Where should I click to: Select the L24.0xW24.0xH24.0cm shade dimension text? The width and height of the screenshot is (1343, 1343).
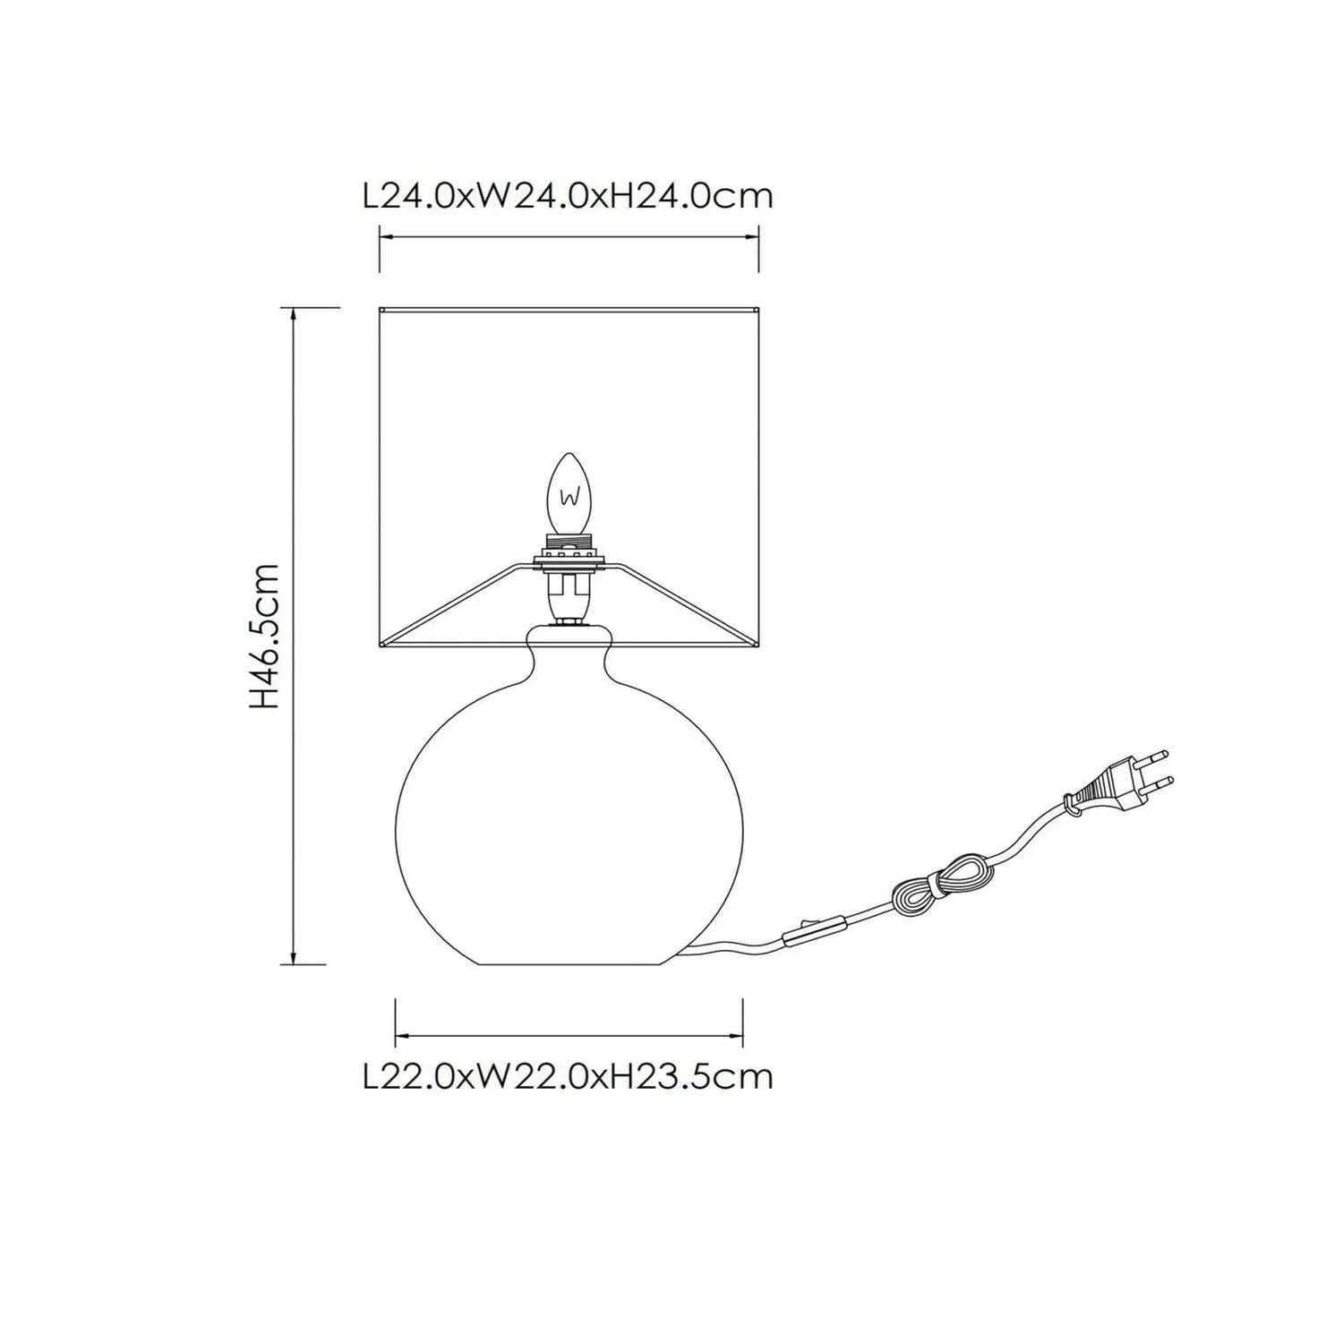pos(568,195)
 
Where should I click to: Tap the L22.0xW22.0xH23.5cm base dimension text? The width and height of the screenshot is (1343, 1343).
pos(568,1075)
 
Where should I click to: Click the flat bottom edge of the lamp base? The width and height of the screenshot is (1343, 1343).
pos(570,964)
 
